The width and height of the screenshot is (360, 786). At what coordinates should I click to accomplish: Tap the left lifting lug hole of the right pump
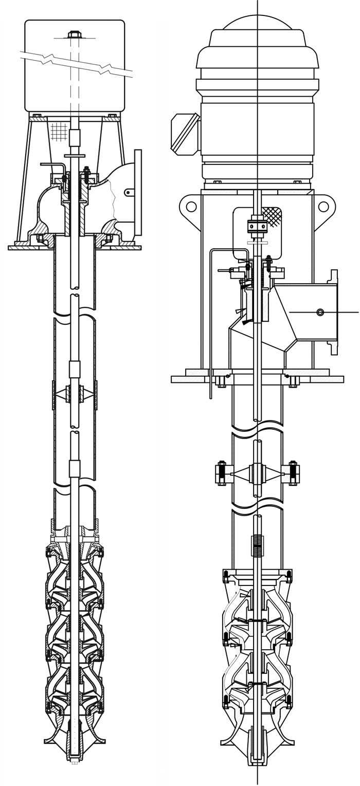click(191, 207)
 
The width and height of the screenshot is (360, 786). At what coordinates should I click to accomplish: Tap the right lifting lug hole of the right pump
click(324, 207)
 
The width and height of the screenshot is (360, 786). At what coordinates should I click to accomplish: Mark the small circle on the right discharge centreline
click(320, 312)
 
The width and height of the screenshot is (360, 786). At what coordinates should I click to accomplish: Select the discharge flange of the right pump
click(334, 312)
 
